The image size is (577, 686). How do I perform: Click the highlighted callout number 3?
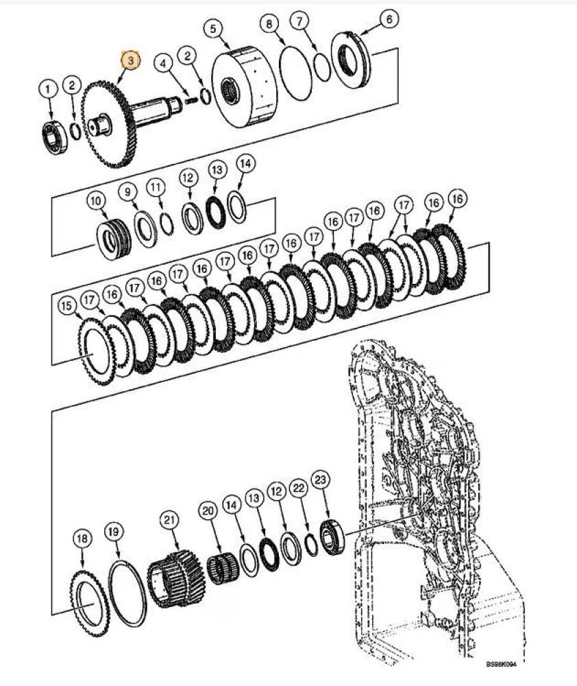(x=130, y=60)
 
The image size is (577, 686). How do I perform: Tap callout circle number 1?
(x=48, y=89)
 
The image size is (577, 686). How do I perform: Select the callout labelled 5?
(x=213, y=29)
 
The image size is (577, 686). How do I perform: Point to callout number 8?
(x=269, y=23)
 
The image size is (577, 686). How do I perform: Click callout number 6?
(x=389, y=19)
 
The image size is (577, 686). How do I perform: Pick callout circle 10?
(x=96, y=201)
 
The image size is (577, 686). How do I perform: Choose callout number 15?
(x=67, y=305)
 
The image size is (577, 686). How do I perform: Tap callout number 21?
(x=169, y=520)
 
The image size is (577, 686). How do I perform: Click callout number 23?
(x=321, y=480)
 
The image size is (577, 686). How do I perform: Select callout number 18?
(x=82, y=539)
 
